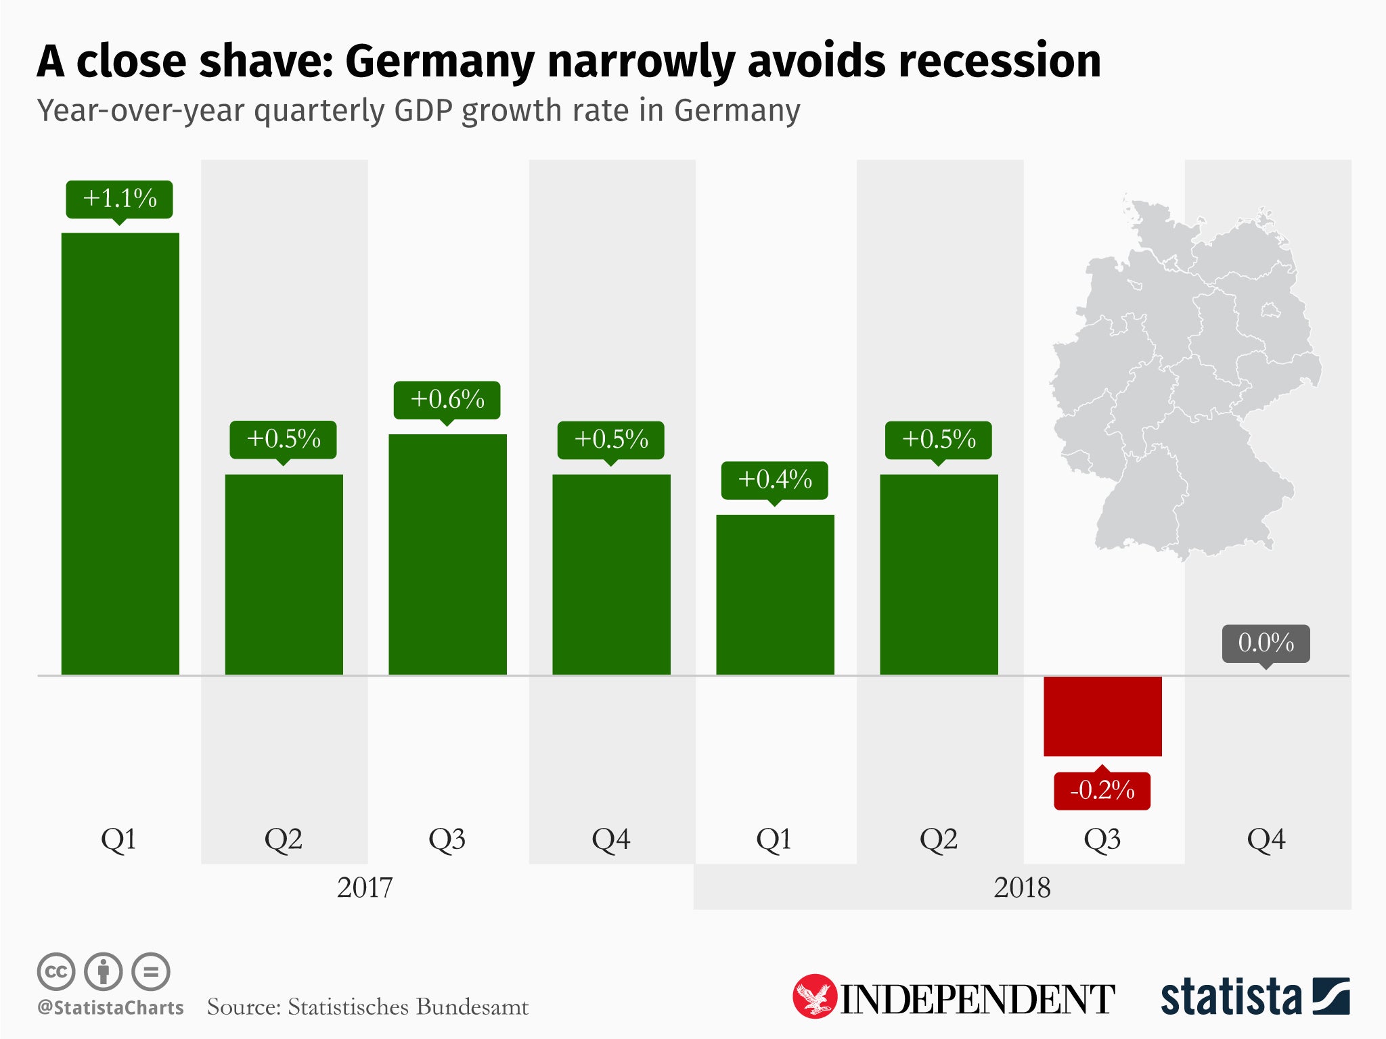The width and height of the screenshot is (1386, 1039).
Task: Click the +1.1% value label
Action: [x=119, y=199]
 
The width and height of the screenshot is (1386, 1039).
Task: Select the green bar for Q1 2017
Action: [x=120, y=453]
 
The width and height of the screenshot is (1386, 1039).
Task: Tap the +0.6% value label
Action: [x=447, y=400]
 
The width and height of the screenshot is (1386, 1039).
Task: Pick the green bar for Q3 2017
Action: [x=447, y=554]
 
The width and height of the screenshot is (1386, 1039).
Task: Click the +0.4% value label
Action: [x=775, y=480]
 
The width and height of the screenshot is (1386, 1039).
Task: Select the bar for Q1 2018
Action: [x=775, y=595]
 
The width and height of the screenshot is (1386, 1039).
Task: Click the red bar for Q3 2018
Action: [x=1102, y=716]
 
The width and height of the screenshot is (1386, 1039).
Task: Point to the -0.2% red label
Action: [x=1102, y=790]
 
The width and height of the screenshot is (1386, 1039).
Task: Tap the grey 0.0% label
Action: [x=1266, y=643]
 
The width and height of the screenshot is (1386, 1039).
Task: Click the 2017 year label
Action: [x=365, y=887]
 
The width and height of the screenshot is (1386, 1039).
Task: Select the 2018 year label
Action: [x=1022, y=887]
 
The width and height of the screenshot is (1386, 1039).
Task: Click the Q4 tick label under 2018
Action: [x=1266, y=839]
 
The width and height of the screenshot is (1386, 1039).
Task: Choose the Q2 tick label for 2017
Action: [x=284, y=839]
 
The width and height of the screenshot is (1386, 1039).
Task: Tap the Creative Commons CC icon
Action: [x=55, y=972]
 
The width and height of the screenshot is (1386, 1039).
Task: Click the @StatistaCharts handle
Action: [x=111, y=1008]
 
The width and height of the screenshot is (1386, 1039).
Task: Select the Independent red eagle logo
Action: [x=814, y=996]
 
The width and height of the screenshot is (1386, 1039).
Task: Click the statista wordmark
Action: [x=1231, y=997]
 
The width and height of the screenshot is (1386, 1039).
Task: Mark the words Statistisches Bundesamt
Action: [x=408, y=1007]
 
